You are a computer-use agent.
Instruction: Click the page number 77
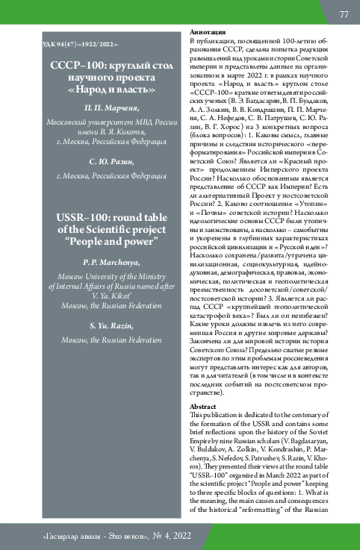(344, 14)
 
